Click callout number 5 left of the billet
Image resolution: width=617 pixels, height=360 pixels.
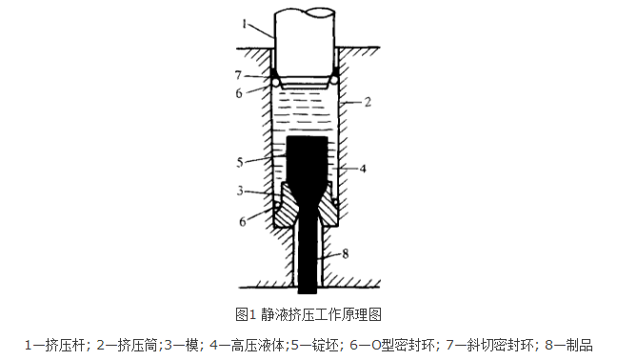click(241, 163)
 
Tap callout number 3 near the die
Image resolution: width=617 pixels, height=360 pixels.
click(241, 191)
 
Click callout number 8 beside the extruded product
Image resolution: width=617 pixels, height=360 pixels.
click(346, 252)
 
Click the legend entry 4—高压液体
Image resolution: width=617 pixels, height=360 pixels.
click(246, 344)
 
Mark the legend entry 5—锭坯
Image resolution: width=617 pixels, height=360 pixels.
click(308, 344)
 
